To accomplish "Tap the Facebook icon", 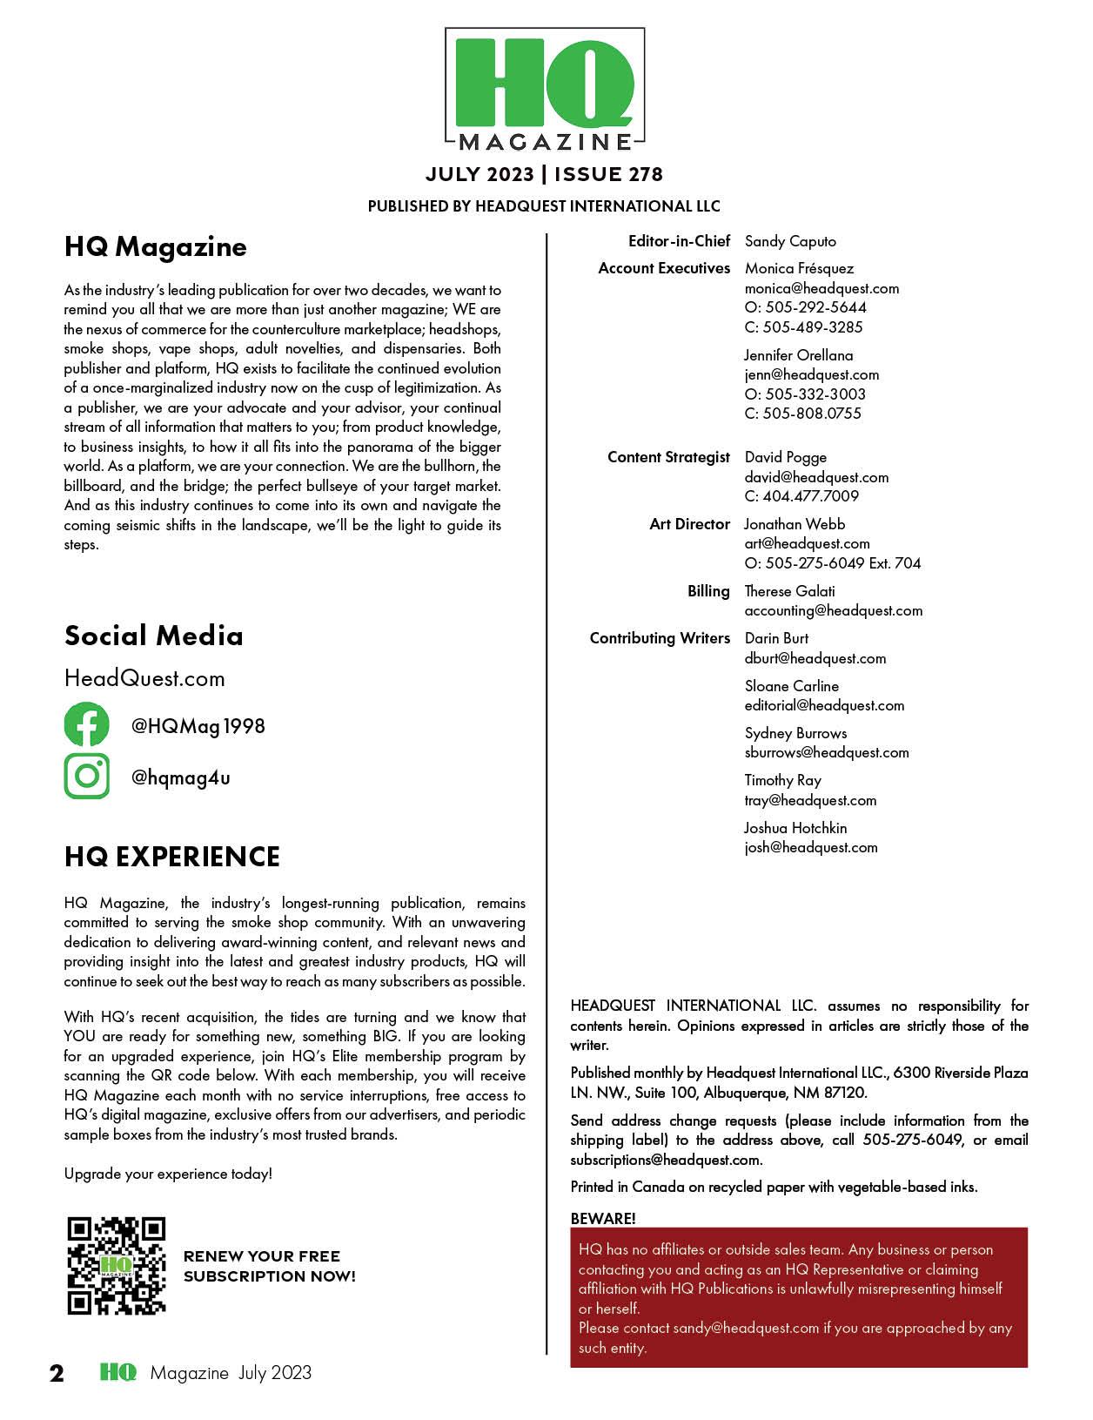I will [87, 725].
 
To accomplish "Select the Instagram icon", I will [87, 776].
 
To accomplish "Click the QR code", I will [117, 1265].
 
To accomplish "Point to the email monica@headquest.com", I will [821, 288].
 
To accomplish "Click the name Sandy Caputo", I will [790, 241].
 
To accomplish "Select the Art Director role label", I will [689, 524].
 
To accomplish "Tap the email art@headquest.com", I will [807, 543].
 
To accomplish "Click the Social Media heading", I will [154, 636].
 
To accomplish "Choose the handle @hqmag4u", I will [181, 777].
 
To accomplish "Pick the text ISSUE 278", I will [608, 174].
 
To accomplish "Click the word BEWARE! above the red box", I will [603, 1218].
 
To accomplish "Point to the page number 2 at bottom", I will [57, 1374].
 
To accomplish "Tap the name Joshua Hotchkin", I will [795, 828].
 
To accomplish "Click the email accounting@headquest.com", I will [834, 610].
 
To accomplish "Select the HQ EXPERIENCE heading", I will [172, 857].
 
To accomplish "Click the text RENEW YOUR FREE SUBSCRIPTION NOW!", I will [269, 1266].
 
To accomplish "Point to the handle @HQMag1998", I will [198, 726].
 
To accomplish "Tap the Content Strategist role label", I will [668, 457].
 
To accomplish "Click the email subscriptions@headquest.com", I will [666, 1160].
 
